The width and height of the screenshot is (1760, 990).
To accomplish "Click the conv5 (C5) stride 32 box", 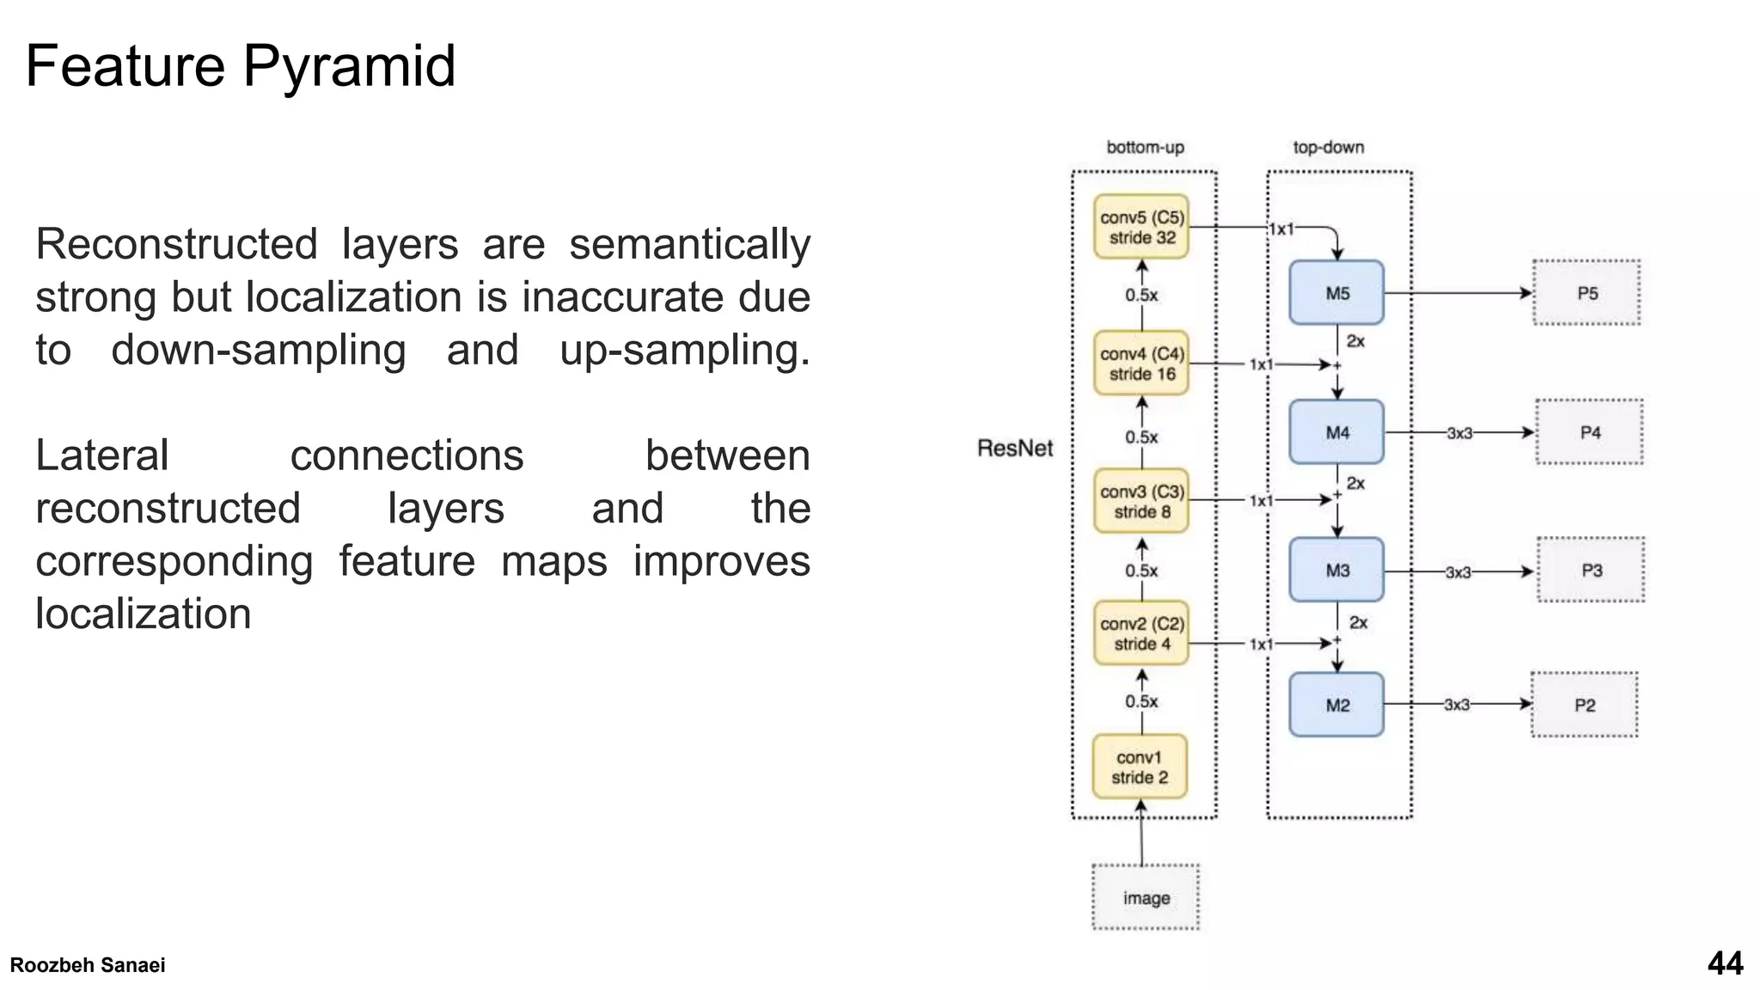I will tap(1141, 228).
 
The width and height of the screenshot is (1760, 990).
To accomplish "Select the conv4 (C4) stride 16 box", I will tap(1141, 364).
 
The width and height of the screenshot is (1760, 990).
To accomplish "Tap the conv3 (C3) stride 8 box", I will tap(1141, 501).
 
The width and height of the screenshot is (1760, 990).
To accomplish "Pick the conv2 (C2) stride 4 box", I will tap(1141, 633).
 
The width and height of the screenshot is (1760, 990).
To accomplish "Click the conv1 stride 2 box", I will tap(1140, 767).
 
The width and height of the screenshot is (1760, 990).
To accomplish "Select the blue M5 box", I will tap(1336, 293).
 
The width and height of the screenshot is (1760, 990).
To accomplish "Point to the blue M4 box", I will tap(1336, 432).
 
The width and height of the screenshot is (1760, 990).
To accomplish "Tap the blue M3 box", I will tap(1336, 570).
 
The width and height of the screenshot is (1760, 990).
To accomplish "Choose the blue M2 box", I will tap(1336, 705).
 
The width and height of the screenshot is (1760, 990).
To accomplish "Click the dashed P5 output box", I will tap(1586, 293).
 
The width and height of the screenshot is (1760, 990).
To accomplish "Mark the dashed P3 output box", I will tap(1591, 570).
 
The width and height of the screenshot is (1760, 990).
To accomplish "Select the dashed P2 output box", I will tap(1584, 705).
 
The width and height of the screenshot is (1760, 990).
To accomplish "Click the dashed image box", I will tap(1146, 898).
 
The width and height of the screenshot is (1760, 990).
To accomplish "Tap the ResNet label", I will tap(1015, 448).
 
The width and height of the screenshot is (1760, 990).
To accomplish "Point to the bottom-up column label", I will tap(1145, 147).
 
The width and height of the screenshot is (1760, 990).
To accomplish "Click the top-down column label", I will tap(1328, 147).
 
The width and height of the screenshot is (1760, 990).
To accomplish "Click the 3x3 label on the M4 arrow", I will tap(1459, 433).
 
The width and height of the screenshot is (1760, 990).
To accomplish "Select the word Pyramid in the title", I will tap(348, 66).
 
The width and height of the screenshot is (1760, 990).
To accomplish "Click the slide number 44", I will tap(1725, 963).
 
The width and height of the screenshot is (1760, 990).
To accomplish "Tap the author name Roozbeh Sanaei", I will tap(88, 965).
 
